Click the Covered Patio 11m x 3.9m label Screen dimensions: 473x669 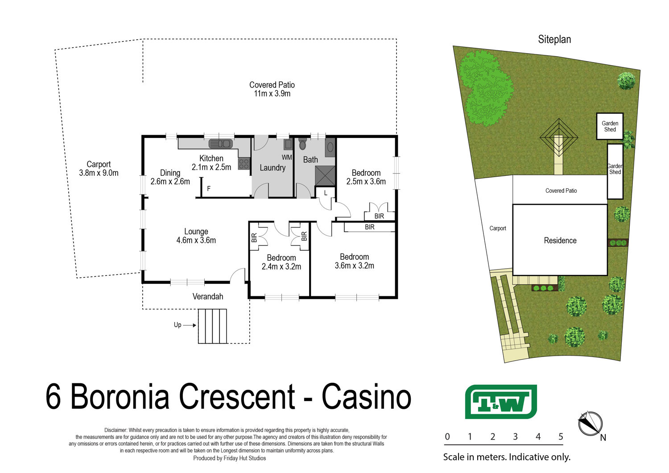[272, 89]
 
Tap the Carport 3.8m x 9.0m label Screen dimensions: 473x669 [99, 169]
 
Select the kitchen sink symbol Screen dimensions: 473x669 [220, 144]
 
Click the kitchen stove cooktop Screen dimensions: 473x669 [244, 164]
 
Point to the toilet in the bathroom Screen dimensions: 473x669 [302, 145]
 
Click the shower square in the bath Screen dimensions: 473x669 [325, 175]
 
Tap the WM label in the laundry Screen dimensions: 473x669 [286, 158]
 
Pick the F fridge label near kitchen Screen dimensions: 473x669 [209, 189]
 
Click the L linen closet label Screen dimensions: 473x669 [326, 193]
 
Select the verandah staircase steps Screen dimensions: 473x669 [213, 326]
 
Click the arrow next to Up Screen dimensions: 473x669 [190, 325]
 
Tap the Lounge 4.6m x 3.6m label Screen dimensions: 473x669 [196, 236]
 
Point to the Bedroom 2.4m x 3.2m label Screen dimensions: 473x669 [281, 262]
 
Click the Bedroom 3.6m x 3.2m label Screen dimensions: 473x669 [354, 261]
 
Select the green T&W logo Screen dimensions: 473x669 [500, 402]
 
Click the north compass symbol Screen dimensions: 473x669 [590, 423]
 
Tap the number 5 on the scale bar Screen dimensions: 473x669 [561, 437]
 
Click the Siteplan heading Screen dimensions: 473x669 [554, 39]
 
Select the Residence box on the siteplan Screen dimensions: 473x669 [560, 241]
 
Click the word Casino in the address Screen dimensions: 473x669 [366, 397]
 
